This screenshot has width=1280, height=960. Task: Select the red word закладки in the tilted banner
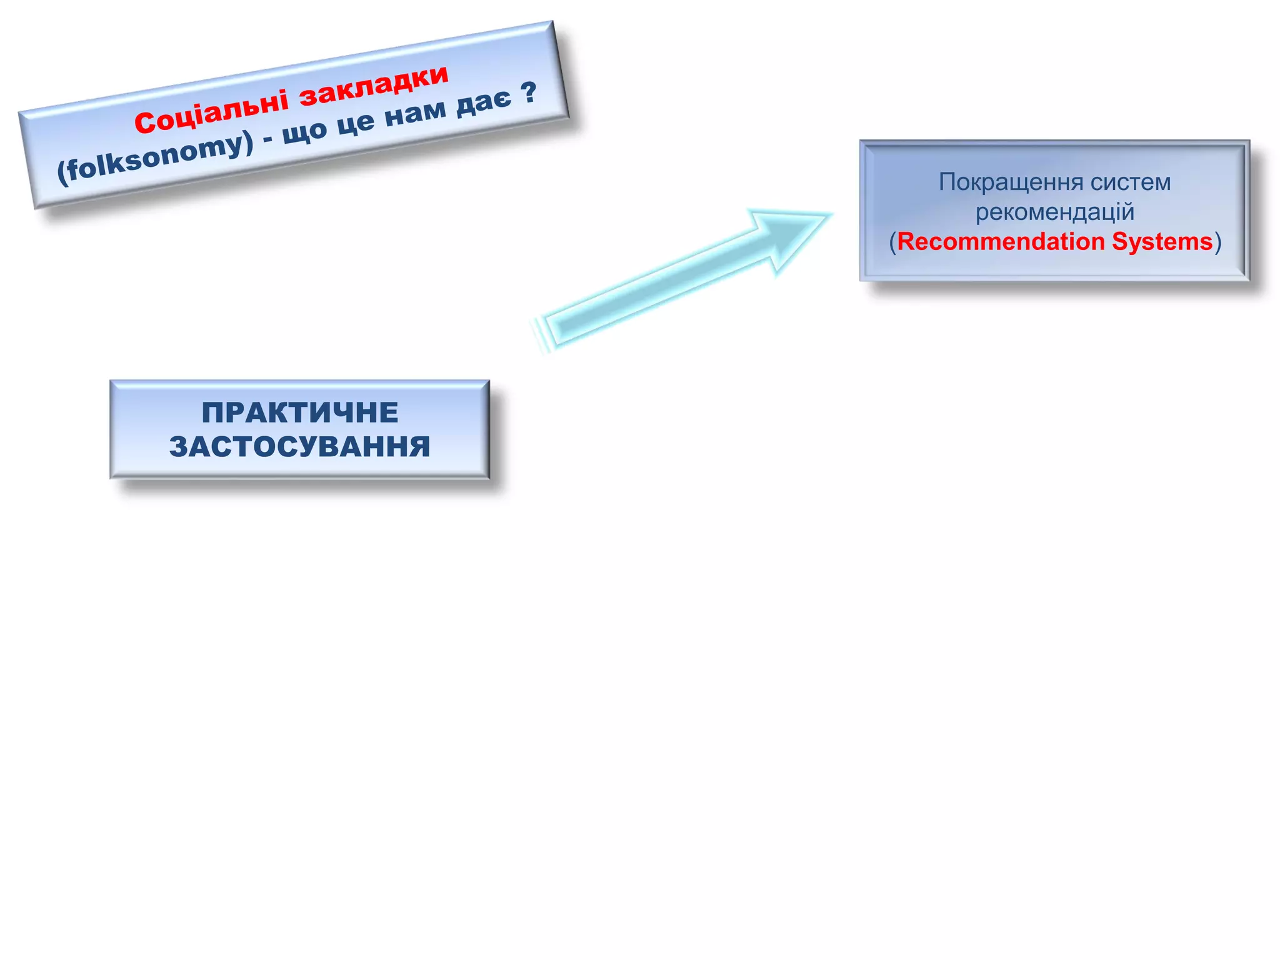373,85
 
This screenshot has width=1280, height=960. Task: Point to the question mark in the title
528,92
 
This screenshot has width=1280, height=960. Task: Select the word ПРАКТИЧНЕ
300,412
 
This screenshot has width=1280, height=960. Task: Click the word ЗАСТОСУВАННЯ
300,447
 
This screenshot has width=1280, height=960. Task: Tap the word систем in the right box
1131,182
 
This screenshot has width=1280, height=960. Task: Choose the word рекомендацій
1055,212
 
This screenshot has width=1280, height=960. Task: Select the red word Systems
1162,242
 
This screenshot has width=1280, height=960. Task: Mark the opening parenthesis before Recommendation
892,242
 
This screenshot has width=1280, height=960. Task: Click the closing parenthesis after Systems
1217,242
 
